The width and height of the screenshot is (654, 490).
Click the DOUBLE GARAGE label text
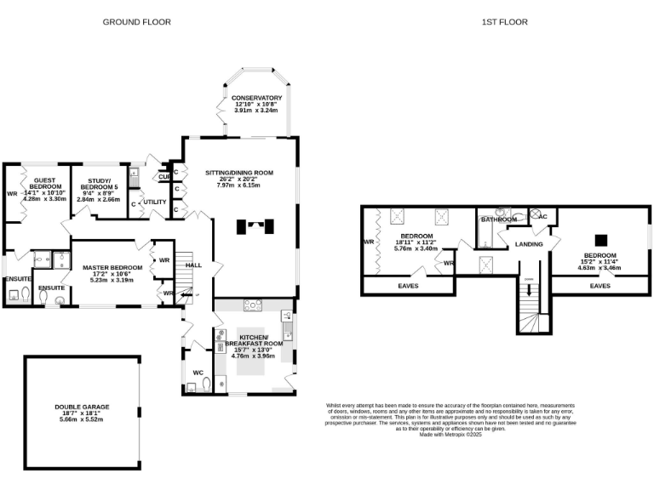tap(83, 407)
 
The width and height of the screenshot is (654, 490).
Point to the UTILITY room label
tap(155, 202)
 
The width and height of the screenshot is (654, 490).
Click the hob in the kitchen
tap(253, 305)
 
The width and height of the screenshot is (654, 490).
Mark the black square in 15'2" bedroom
tap(599, 240)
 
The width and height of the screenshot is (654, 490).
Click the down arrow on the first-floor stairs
tap(529, 291)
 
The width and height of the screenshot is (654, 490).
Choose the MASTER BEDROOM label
tap(112, 268)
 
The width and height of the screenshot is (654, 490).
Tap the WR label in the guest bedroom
tap(12, 193)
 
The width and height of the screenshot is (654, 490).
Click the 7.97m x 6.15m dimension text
tap(238, 185)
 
